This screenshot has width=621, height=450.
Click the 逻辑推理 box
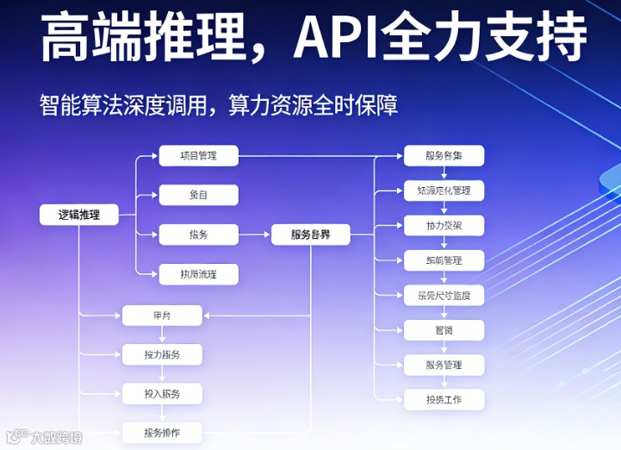pos(78,215)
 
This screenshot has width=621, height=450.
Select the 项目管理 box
pos(198,156)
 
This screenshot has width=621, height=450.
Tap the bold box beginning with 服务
pos(310,234)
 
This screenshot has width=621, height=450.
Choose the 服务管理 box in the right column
pos(444,365)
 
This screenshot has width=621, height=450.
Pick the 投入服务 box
pos(162,394)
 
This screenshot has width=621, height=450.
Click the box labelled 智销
pos(444,330)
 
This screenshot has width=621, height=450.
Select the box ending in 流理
pos(198,275)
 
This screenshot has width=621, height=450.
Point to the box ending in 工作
pos(444,400)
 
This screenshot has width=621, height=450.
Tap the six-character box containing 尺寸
pos(444,296)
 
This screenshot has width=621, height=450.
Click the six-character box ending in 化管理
pos(444,191)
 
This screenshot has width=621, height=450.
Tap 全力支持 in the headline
pos(487,36)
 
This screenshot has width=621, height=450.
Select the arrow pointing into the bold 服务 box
pos(262,234)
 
